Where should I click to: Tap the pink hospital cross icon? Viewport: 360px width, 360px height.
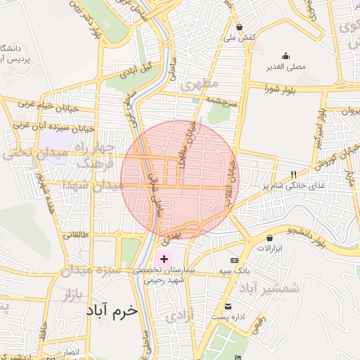tap(164, 259)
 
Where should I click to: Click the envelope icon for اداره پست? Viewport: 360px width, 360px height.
tap(228, 307)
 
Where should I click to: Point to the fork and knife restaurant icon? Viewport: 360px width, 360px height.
tap(293, 174)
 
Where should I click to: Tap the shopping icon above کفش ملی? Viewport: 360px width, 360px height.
tap(240, 27)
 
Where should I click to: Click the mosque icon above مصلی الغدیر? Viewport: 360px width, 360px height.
tap(285, 56)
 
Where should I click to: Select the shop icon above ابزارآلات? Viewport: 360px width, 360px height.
tap(270, 238)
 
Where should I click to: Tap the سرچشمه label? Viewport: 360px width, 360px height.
tap(224, 101)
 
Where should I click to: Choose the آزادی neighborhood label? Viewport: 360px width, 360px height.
tap(180, 317)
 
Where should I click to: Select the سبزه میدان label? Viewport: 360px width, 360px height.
tap(94, 270)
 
